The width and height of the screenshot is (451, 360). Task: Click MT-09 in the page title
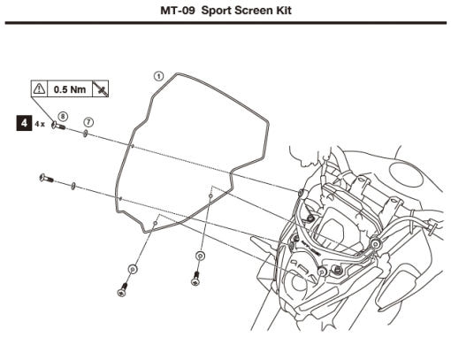pos(178,11)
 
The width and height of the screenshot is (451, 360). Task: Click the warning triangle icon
pos(39,88)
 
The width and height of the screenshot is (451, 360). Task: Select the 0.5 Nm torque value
pos(70,89)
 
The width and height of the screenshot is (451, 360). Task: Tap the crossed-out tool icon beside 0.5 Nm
pos(101,88)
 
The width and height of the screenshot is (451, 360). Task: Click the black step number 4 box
pos(24,123)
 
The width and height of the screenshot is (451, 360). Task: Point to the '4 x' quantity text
pos(40,124)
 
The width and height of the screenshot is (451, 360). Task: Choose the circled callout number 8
pos(63,117)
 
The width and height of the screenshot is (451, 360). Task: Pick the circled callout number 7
pos(88,122)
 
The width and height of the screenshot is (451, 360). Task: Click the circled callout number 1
pos(158,76)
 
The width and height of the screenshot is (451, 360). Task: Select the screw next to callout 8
pos(58,126)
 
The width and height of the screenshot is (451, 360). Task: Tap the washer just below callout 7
pos(86,134)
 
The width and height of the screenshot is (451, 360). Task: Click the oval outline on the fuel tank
pos(406,175)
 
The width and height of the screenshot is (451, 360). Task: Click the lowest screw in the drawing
pos(123,290)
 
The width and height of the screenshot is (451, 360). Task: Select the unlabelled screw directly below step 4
pos(47,178)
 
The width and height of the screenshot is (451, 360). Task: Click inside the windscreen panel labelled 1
pos(192,148)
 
